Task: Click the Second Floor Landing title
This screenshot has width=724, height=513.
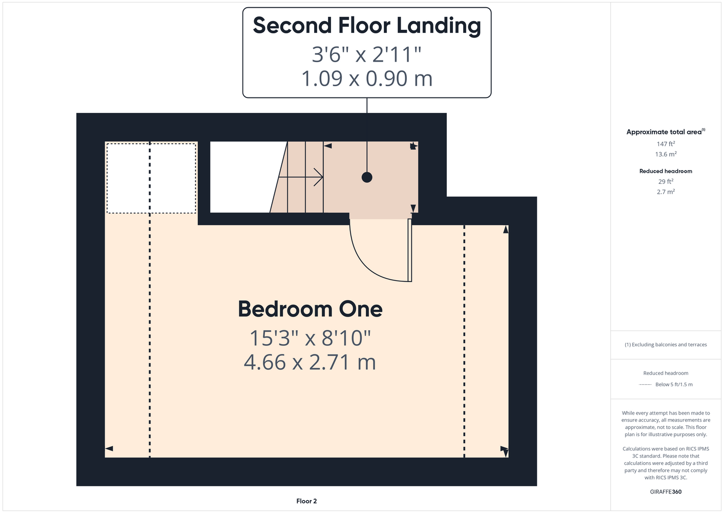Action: pos(367,26)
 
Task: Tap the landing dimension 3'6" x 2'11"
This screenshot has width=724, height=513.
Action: pos(366,54)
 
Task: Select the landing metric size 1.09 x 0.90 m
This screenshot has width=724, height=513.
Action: pos(367,78)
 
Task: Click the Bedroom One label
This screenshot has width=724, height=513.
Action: pos(311,309)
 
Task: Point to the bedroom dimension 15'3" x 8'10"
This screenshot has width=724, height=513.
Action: pos(311,338)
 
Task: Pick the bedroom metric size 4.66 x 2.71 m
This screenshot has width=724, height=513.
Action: pos(310,362)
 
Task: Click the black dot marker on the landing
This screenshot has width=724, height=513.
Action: pos(367,177)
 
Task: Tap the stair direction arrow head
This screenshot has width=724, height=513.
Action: pos(318,177)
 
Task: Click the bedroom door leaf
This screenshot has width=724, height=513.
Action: pos(410,250)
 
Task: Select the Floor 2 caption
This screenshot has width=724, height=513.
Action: pos(306,501)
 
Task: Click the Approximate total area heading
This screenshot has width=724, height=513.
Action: pos(666,131)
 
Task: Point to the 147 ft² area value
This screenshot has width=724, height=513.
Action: pos(666,144)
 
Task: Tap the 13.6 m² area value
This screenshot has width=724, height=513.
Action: pos(666,154)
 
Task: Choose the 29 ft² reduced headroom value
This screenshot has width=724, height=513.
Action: pos(666,181)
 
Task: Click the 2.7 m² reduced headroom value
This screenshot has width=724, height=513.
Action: pos(666,192)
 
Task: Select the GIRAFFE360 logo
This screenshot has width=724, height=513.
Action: pos(666,491)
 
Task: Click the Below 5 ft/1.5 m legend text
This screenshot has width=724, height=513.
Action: pos(674,385)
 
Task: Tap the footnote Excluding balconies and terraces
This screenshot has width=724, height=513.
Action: pos(666,345)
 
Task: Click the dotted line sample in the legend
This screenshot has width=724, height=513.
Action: pos(645,385)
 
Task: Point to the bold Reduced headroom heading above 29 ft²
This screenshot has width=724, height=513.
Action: pos(666,171)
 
